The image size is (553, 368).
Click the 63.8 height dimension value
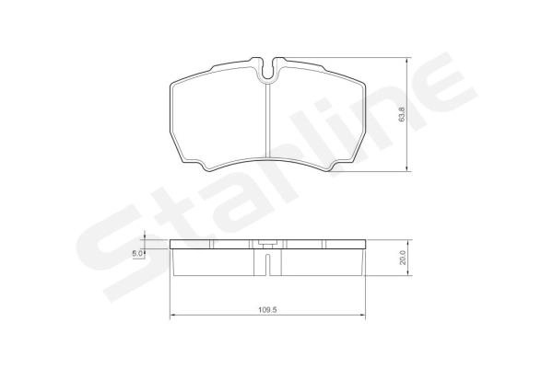[403, 114]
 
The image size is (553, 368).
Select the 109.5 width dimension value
[267, 310]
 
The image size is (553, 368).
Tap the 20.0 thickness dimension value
[403, 258]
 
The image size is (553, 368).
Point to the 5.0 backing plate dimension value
[137, 253]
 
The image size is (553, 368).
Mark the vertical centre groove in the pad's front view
[267, 121]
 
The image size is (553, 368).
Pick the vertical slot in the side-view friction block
[267, 264]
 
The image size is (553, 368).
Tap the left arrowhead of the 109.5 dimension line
[172, 316]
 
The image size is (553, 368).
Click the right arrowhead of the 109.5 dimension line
[363, 316]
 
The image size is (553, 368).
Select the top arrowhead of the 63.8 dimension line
[408, 62]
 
